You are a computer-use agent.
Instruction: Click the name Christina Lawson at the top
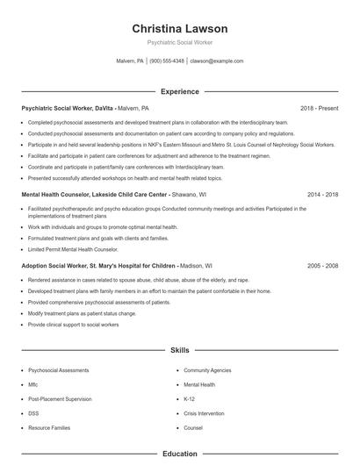coord(179,28)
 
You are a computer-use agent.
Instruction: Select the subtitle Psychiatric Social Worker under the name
coord(179,42)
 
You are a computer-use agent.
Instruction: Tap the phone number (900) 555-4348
coord(167,61)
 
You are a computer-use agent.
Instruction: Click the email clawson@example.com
coord(216,61)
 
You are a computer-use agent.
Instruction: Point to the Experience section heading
coord(179,91)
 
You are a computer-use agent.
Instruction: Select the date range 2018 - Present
coord(319,108)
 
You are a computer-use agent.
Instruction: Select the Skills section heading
coord(179,350)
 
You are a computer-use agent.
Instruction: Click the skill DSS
coord(33,411)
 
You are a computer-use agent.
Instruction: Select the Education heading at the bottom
coord(179,454)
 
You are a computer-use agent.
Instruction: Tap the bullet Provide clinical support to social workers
coord(72,324)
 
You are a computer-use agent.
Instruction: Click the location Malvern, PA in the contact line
coord(129,61)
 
